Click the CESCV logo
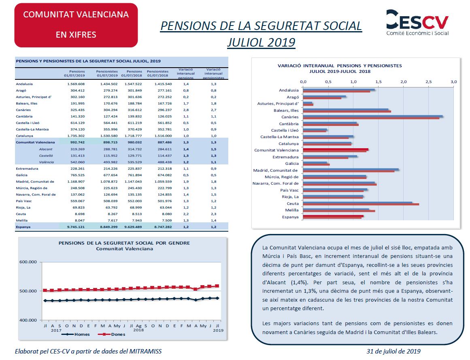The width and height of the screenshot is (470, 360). (x=417, y=23)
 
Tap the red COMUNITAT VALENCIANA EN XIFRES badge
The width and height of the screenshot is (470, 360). (x=76, y=25)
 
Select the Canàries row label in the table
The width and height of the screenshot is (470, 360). (x=23, y=110)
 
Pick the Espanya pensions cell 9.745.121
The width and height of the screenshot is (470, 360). (x=76, y=227)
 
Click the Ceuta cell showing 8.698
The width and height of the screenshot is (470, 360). (x=80, y=214)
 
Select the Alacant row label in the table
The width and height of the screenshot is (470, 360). (x=46, y=149)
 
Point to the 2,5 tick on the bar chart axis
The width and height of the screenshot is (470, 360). (x=429, y=81)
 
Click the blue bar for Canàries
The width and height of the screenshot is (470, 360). (x=373, y=116)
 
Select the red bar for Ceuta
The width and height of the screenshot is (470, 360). (x=361, y=204)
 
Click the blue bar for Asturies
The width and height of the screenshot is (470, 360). (x=308, y=103)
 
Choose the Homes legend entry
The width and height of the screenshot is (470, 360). (x=76, y=334)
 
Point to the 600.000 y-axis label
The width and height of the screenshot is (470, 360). (x=28, y=262)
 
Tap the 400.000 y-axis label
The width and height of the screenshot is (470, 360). (x=28, y=320)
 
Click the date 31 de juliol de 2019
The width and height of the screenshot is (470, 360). (x=393, y=351)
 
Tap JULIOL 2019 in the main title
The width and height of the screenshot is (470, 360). (x=262, y=42)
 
